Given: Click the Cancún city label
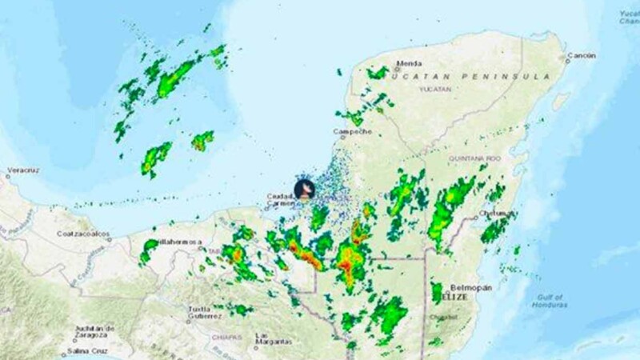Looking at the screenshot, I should coord(581,56).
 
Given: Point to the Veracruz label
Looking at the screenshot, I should coord(23,171).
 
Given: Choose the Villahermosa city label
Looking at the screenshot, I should coord(180,241).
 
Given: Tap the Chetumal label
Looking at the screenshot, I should coord(496,214).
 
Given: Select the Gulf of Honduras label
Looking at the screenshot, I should coord(550,300).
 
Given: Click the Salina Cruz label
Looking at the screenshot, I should coord(87,351).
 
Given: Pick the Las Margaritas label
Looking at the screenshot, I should coord(273,339).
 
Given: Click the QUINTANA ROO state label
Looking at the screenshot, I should coord(474,158).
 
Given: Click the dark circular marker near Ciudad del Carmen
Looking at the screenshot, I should coord(304,189).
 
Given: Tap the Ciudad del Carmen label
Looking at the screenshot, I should coord(281,199).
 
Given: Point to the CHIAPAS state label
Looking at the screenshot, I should coord(226,337).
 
